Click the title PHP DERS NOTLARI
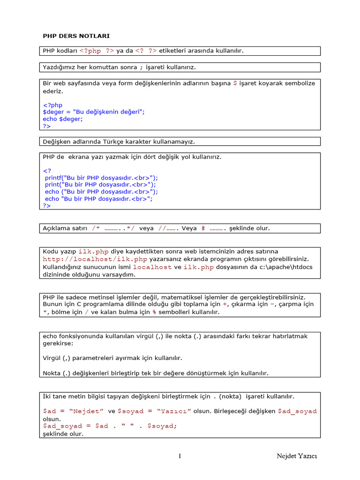(76, 36)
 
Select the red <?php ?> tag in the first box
(97, 51)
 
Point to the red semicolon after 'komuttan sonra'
(141, 67)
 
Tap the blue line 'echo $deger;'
(63, 119)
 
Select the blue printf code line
(101, 178)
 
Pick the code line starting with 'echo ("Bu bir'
(101, 192)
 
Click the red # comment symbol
(203, 228)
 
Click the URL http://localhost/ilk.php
(95, 259)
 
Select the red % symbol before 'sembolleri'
(154, 312)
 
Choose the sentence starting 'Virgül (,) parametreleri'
(112, 358)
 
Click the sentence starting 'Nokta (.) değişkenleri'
(155, 373)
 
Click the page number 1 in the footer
(180, 456)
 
